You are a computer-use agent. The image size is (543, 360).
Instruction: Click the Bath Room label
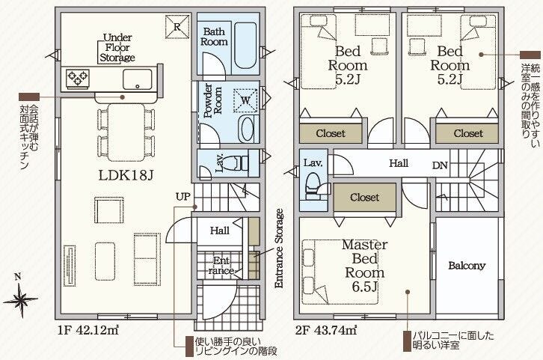(x=214, y=37)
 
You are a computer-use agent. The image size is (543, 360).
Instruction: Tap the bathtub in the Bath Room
(x=245, y=45)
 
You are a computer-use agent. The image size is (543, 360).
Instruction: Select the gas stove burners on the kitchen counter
(x=78, y=78)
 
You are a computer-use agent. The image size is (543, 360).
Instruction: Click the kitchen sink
(x=137, y=79)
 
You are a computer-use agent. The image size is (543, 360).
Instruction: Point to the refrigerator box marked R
(x=177, y=26)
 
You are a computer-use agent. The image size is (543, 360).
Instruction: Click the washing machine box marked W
(x=245, y=100)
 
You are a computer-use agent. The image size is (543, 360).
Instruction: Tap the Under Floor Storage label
(x=117, y=47)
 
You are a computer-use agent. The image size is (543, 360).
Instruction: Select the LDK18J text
(x=126, y=175)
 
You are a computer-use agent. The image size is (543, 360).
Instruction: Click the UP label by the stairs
(x=182, y=197)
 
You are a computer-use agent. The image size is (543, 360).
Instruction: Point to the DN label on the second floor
(x=440, y=165)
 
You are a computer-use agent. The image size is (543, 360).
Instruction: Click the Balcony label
(x=467, y=266)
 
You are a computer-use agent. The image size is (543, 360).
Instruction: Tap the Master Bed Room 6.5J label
(x=365, y=266)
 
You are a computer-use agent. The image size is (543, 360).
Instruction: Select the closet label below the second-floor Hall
(x=365, y=198)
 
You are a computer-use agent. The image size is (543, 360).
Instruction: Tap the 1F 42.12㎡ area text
(x=89, y=330)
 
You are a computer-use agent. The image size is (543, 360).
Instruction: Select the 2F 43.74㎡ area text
(x=326, y=330)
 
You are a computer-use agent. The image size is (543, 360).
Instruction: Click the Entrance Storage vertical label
(x=279, y=248)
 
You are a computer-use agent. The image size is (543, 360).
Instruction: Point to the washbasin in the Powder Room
(x=247, y=129)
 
